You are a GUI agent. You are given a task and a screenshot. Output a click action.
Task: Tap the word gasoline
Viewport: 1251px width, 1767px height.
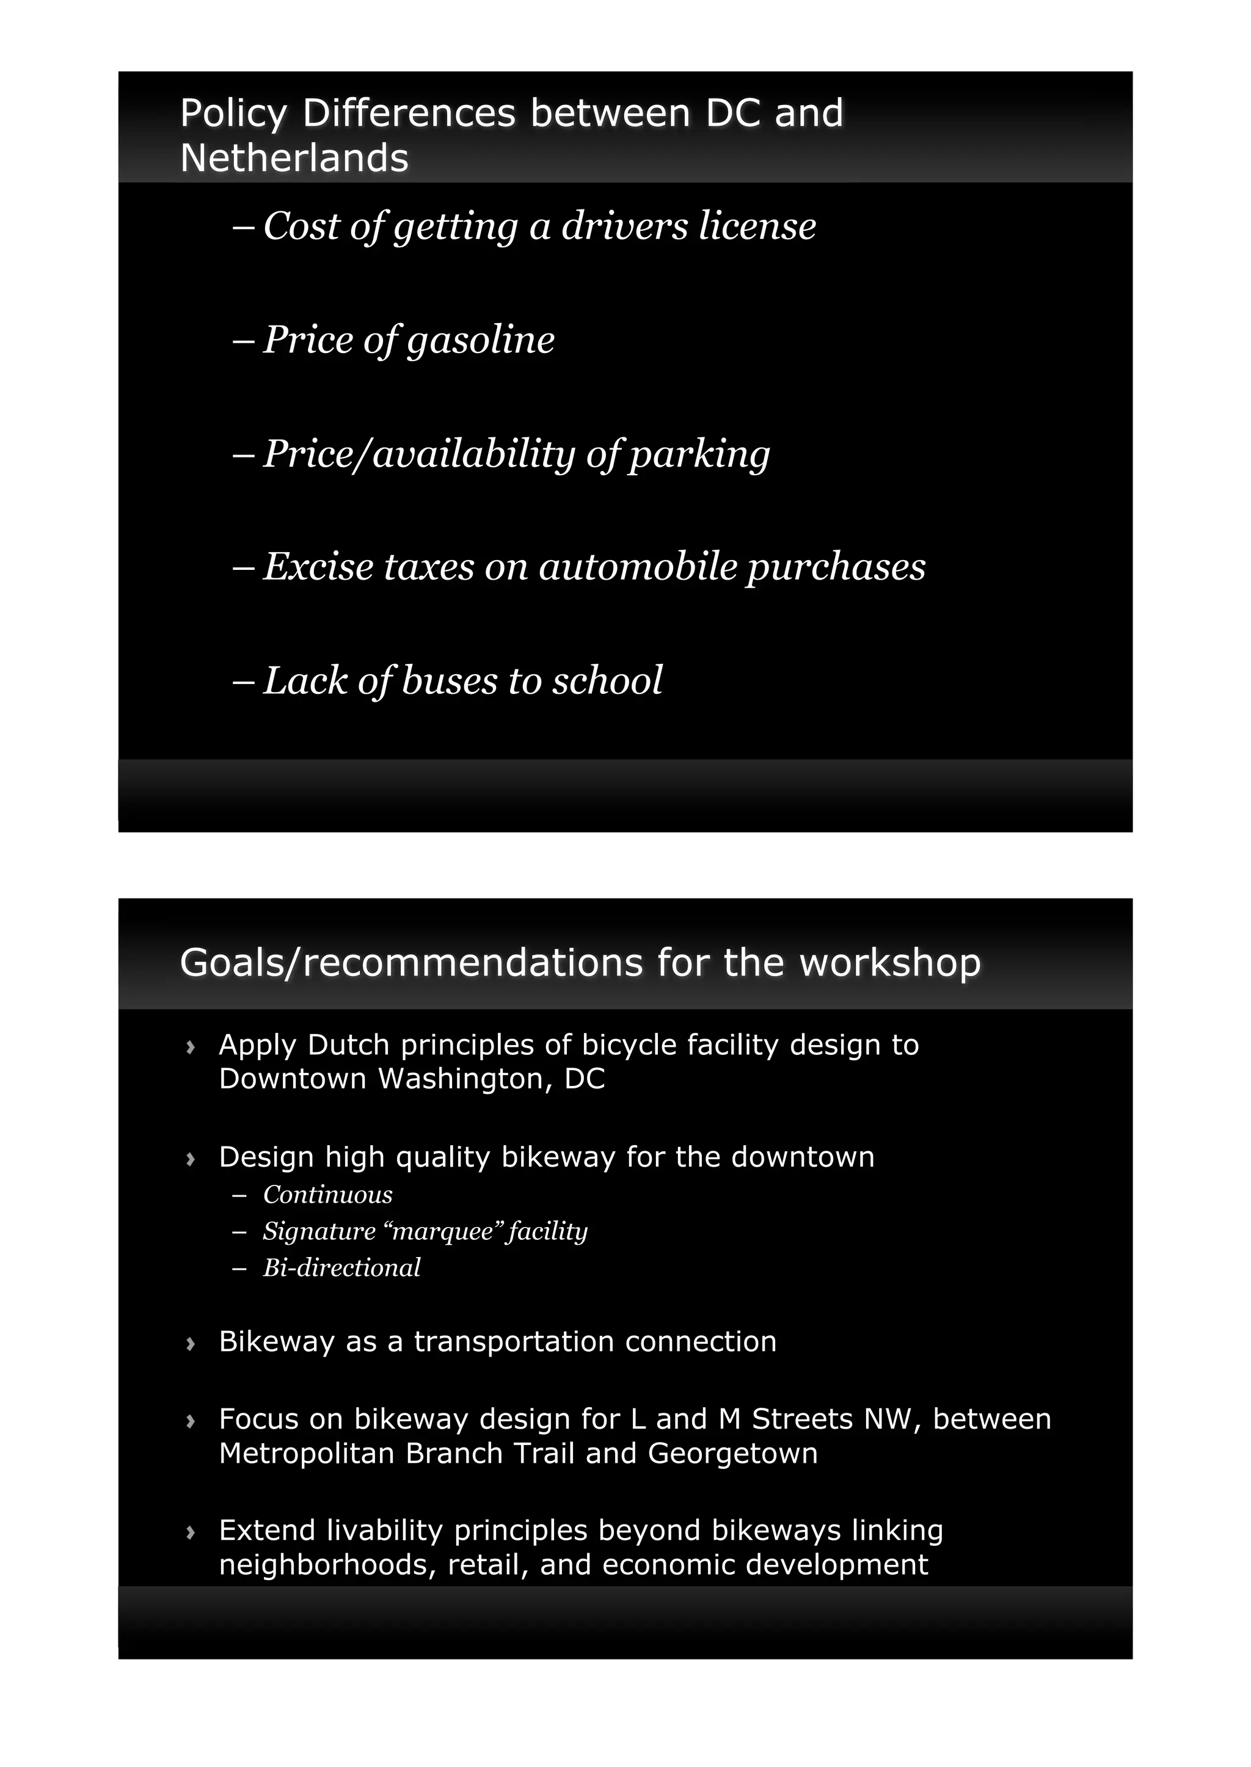(481, 340)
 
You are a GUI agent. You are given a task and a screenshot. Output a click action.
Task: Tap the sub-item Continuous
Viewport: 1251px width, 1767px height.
(327, 1195)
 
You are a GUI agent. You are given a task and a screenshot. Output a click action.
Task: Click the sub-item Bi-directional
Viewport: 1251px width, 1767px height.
(341, 1267)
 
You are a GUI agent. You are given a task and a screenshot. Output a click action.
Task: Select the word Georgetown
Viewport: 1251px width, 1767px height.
(732, 1454)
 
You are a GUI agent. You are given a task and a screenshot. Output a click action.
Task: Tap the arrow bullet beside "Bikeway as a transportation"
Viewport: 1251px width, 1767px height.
(190, 1344)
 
